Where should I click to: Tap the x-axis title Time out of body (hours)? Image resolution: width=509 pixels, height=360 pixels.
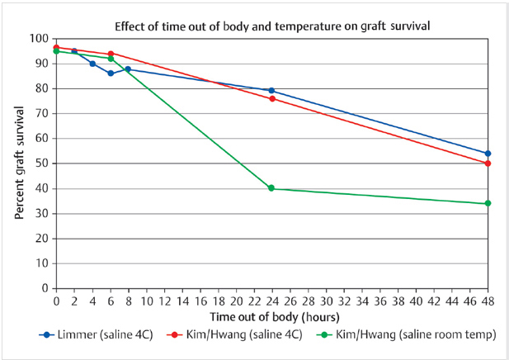(271, 316)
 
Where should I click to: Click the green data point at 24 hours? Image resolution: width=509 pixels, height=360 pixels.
(271, 188)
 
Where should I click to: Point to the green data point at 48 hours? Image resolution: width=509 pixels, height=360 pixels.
(488, 203)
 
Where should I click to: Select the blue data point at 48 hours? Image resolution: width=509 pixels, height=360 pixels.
(488, 154)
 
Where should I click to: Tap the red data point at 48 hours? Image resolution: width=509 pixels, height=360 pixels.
(488, 163)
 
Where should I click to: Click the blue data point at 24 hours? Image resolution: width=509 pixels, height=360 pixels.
(271, 91)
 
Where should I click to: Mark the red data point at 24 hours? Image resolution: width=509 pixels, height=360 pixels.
(271, 98)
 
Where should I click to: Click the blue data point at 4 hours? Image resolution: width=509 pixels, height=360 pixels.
(92, 64)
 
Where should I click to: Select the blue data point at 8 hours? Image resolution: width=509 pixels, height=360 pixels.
(128, 69)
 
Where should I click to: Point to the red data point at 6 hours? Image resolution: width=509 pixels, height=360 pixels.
(111, 54)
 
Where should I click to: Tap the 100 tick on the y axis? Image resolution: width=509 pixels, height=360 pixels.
(40, 39)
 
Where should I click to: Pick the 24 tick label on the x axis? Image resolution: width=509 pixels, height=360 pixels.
(271, 300)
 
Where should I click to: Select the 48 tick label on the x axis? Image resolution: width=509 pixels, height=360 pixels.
(488, 300)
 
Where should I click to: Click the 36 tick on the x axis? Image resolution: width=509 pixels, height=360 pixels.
(379, 300)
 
